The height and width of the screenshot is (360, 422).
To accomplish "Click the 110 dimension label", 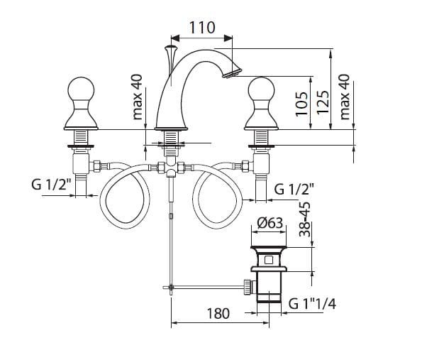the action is (202, 27).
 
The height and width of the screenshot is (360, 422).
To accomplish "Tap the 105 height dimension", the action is (302, 104).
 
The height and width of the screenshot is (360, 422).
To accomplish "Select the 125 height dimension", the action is (323, 102).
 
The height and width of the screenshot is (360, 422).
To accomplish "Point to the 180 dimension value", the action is (218, 313).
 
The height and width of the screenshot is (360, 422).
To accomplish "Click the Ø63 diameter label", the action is (270, 223).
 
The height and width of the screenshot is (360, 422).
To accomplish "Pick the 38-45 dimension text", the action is (305, 219).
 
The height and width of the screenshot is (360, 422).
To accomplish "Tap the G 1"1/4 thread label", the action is (312, 304).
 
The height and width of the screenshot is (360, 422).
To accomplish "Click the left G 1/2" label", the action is (51, 185).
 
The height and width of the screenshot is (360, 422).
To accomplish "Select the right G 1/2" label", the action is (294, 189).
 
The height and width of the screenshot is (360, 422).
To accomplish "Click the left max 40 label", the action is (138, 97).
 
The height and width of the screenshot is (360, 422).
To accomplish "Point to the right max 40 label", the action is (345, 97).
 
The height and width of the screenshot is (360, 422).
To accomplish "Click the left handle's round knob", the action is (81, 89).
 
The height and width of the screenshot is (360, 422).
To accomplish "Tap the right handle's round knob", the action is (261, 89).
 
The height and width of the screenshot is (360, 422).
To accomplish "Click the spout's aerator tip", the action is (232, 72).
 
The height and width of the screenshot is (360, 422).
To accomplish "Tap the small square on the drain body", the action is (268, 260).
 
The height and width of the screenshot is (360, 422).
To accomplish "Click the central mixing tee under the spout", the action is (171, 167).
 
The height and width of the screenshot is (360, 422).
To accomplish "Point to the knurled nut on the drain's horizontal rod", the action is (248, 288).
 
